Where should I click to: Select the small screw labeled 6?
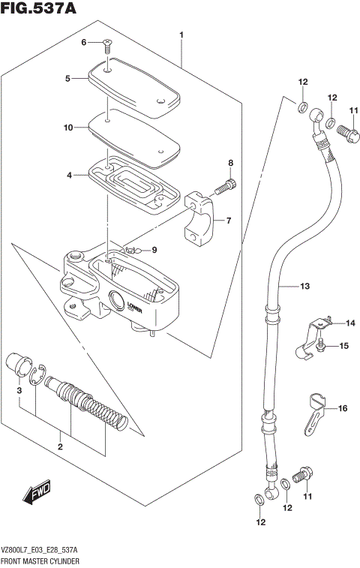point(107,46)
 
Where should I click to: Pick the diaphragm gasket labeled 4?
point(136,184)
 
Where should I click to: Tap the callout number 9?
point(154,250)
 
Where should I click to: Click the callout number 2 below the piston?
point(60,448)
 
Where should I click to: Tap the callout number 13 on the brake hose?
point(304,286)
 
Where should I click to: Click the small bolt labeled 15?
point(320,344)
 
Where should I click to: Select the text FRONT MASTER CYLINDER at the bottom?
point(40,560)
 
